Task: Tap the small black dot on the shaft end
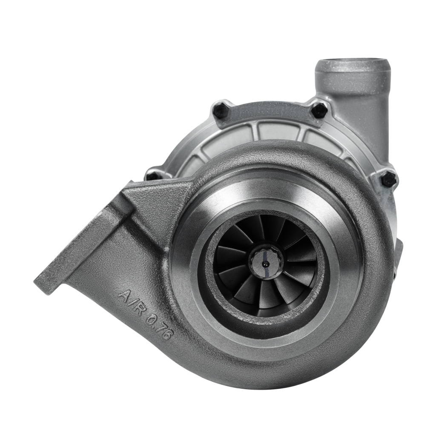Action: click(264, 262)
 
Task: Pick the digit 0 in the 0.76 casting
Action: click(152, 322)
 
